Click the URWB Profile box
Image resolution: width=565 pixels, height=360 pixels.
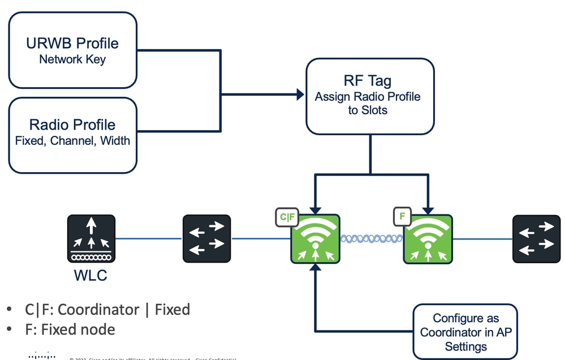pos(73,50)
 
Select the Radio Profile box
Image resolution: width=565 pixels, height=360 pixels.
pos(73,135)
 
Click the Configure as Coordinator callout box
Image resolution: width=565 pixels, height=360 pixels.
pos(465,332)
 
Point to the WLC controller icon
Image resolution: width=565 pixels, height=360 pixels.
pos(90,238)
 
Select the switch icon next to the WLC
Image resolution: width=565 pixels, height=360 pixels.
pos(206,238)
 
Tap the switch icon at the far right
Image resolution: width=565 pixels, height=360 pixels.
pos(536,238)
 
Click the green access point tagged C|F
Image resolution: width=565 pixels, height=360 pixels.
pos(315,239)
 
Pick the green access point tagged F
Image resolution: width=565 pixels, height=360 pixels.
pos(428,239)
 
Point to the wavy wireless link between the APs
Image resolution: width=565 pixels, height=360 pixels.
pos(371,239)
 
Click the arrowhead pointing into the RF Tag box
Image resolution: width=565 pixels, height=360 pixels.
pos(300,95)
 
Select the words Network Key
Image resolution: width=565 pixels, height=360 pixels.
pos(72,60)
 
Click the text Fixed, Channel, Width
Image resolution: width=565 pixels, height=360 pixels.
pos(72,141)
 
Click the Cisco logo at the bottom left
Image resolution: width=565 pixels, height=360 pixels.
pos(41,356)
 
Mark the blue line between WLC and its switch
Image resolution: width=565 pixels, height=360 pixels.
pos(148,238)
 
